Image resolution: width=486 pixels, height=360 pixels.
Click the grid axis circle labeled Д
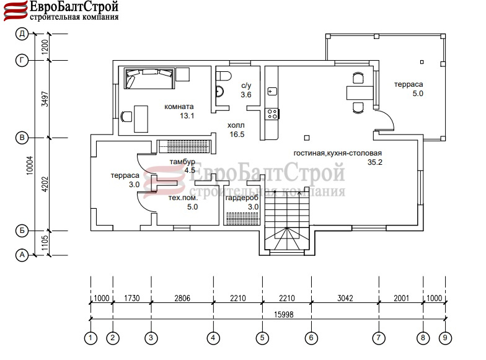(22, 33)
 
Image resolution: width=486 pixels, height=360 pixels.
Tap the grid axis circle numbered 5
(263, 338)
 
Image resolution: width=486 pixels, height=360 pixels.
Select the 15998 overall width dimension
(284, 315)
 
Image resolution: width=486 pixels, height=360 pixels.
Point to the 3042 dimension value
(345, 298)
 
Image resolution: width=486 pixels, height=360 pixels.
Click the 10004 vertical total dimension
(30, 165)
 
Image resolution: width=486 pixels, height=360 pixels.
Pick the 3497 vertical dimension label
(45, 99)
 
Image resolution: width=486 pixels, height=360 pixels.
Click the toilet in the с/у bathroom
(224, 76)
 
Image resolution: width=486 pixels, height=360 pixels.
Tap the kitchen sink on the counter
(272, 92)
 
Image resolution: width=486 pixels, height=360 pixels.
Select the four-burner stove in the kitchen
(273, 114)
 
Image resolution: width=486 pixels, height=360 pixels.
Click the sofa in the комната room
(149, 79)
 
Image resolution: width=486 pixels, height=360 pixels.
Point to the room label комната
(179, 107)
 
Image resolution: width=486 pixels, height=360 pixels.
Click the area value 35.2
(374, 162)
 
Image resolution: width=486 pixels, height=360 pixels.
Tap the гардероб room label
(242, 198)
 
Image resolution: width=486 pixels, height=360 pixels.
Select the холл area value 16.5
(237, 134)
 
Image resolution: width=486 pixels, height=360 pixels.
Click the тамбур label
(182, 162)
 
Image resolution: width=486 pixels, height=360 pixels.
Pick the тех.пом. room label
(183, 198)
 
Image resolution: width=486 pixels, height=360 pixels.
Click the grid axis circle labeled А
(22, 255)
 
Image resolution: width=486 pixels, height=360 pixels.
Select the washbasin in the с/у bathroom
(219, 92)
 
